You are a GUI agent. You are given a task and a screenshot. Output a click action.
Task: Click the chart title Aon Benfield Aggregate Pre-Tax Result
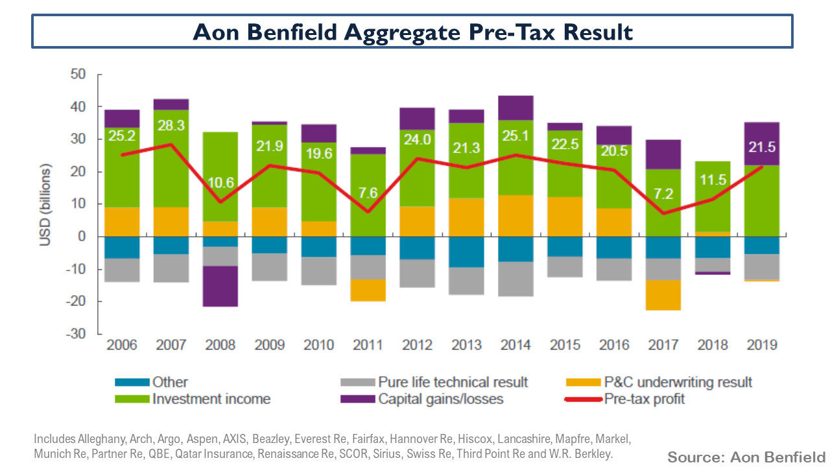click(412, 31)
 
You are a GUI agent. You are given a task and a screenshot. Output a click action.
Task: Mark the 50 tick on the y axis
click(78, 75)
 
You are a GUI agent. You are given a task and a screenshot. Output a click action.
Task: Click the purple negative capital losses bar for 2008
click(220, 286)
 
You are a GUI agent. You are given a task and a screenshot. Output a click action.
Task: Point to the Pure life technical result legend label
click(453, 382)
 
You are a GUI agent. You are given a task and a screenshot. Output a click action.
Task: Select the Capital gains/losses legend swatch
click(357, 399)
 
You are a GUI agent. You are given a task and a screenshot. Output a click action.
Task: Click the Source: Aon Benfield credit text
click(746, 457)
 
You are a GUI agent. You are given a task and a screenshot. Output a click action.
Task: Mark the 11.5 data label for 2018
click(713, 179)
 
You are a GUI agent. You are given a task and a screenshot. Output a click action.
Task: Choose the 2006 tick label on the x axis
click(122, 345)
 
